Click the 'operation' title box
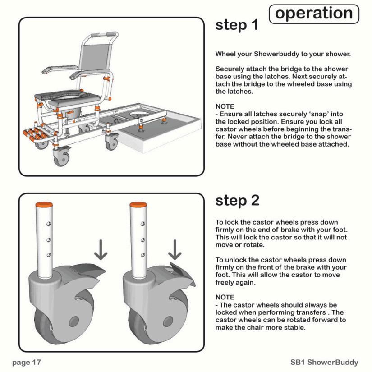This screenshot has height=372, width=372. click(x=314, y=14)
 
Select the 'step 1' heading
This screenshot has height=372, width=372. click(x=237, y=25)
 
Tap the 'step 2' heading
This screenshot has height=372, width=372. click(x=237, y=201)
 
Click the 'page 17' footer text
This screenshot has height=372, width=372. click(x=27, y=362)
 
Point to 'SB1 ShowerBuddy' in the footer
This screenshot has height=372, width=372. click(x=324, y=362)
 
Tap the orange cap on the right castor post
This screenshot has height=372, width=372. click(x=138, y=205)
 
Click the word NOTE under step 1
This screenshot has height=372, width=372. click(x=225, y=106)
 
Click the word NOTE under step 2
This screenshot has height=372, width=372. click(x=225, y=297)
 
